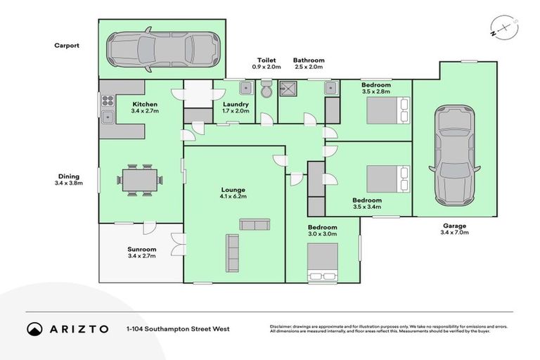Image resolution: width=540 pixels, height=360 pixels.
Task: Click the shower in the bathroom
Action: pyautogui.click(x=288, y=89)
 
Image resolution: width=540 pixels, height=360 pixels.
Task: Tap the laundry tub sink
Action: pyautogui.click(x=245, y=89)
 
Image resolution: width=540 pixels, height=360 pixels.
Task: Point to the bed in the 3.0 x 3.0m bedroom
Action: pyautogui.click(x=323, y=263)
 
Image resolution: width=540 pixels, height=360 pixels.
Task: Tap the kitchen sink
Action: pyautogui.click(x=108, y=117)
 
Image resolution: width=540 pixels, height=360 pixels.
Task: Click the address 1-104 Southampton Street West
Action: pyautogui.click(x=178, y=328)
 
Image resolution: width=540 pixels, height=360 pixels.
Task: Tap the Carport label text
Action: pyautogui.click(x=67, y=46)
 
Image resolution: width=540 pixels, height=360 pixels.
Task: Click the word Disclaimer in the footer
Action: pyautogui.click(x=283, y=326)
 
